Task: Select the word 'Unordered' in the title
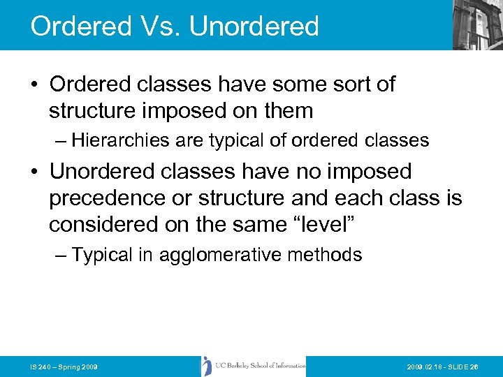pos(254,26)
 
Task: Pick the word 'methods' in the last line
pos(331,256)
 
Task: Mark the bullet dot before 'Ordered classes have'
pos(34,85)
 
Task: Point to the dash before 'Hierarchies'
pos(59,141)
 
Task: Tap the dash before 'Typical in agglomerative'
pos(59,256)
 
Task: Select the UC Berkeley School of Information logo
pos(253,366)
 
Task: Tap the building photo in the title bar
pos(477,24)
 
